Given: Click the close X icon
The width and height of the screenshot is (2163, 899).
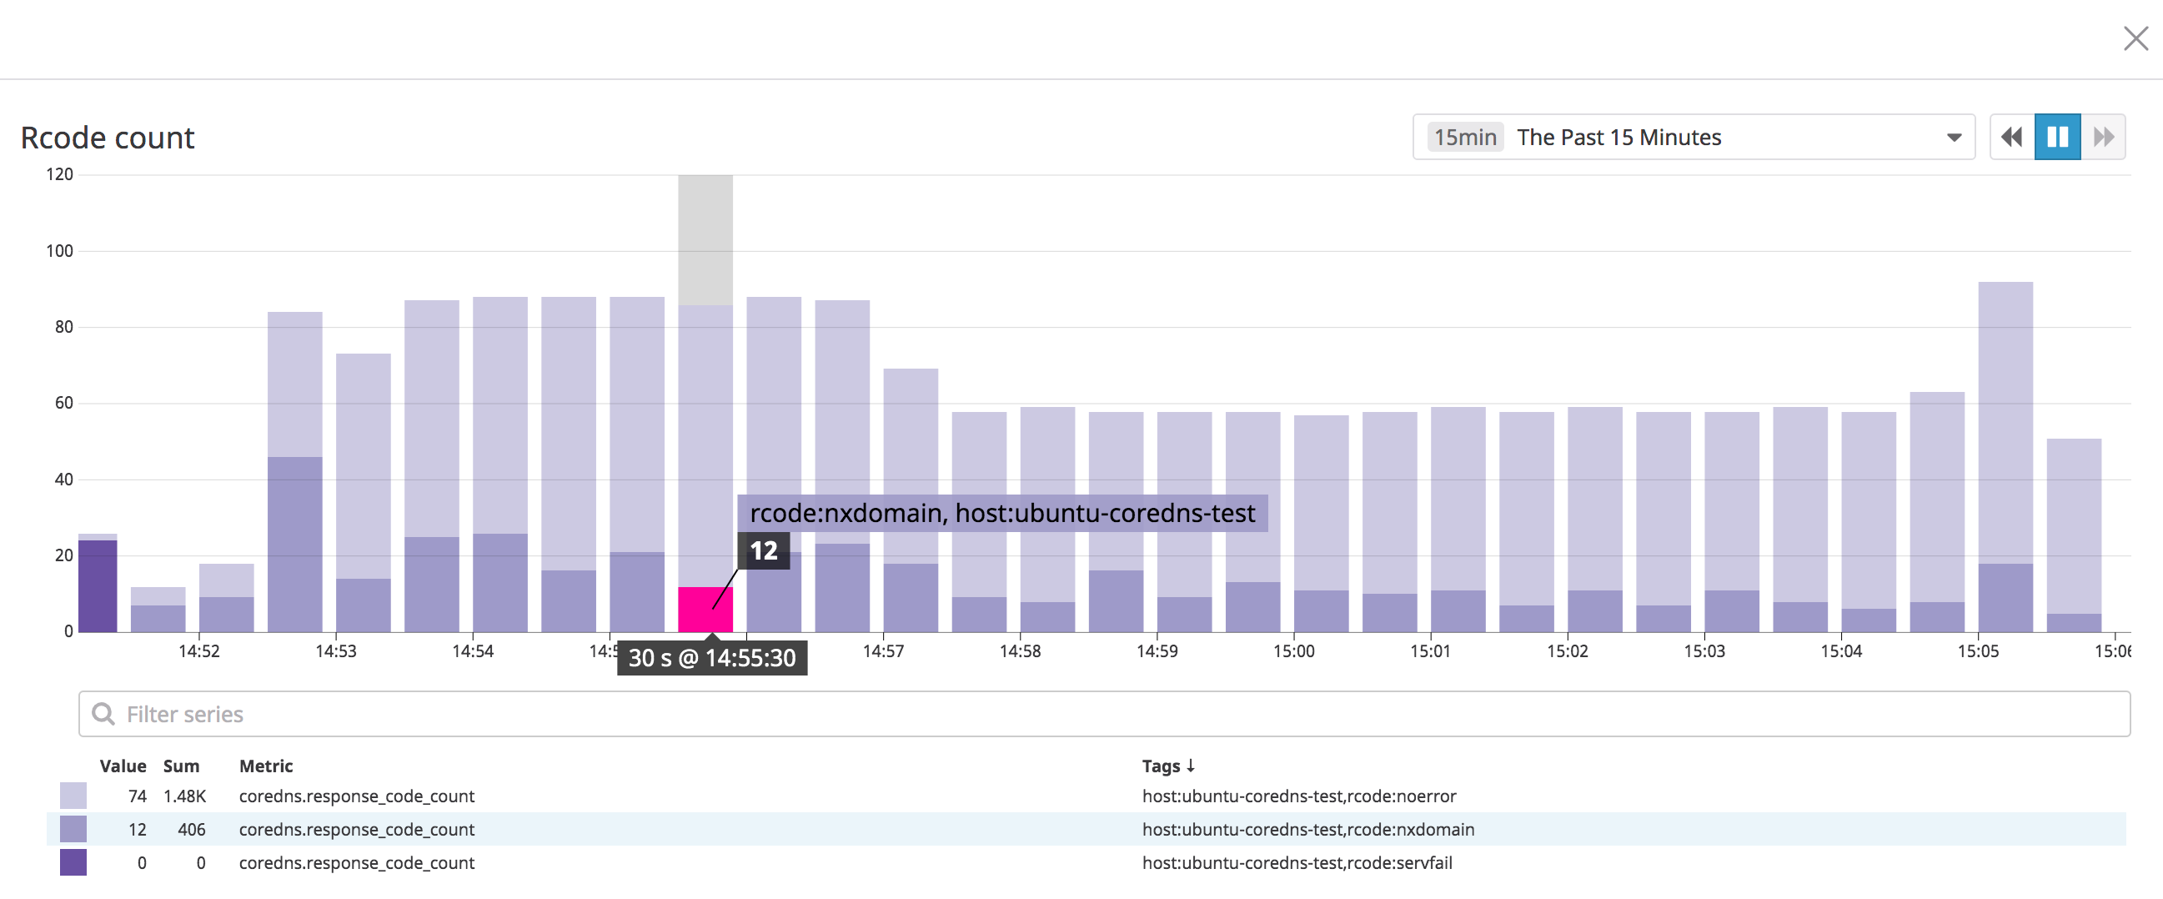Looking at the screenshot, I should (2135, 38).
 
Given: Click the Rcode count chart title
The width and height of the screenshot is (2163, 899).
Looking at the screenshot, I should (108, 138).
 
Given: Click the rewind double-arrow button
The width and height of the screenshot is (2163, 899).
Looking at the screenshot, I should (2012, 137).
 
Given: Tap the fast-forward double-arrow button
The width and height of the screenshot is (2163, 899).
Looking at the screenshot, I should (2104, 137).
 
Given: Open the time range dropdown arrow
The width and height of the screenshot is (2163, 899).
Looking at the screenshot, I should (1954, 138).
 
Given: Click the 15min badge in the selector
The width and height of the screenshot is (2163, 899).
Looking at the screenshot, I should (1464, 138).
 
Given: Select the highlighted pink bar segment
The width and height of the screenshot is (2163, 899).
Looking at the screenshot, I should (705, 609).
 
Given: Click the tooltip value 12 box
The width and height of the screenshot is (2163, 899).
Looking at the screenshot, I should (763, 550).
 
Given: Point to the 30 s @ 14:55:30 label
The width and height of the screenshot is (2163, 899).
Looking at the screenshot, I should (712, 658).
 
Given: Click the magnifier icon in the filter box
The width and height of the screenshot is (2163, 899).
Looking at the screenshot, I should (103, 715).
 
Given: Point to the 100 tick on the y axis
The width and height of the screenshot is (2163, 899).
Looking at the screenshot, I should (59, 251).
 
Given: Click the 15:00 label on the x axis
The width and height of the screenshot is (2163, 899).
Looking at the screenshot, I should (1293, 651).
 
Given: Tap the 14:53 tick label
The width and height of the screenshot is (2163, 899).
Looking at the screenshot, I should (336, 651).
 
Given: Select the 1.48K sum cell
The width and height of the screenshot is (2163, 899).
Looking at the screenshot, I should (184, 796).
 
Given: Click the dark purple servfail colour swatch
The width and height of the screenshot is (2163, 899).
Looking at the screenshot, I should (73, 862).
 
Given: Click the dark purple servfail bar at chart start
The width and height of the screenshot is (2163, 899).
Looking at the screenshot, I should (98, 586).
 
